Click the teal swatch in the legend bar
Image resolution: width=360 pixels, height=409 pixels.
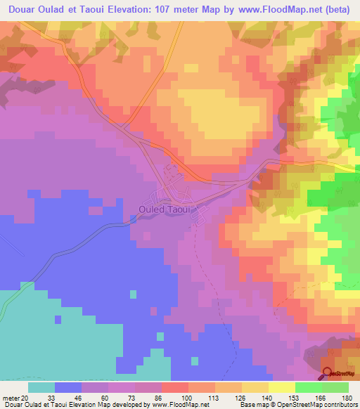41,387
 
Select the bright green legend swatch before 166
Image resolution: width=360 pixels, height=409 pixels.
308,387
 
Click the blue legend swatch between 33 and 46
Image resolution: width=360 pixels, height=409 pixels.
68,387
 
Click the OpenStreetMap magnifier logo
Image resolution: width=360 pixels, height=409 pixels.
328,375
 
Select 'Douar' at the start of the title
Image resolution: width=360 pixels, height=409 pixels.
22,8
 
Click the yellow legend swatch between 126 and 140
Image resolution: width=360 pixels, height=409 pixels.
255,387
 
